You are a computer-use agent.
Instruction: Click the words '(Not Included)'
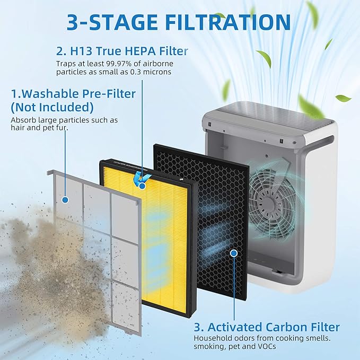(52, 107)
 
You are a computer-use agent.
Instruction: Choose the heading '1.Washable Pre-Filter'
(73, 94)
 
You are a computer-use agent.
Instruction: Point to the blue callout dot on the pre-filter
(65, 200)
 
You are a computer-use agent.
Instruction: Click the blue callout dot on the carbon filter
(234, 253)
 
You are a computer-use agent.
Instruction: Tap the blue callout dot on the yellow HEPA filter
(142, 185)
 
